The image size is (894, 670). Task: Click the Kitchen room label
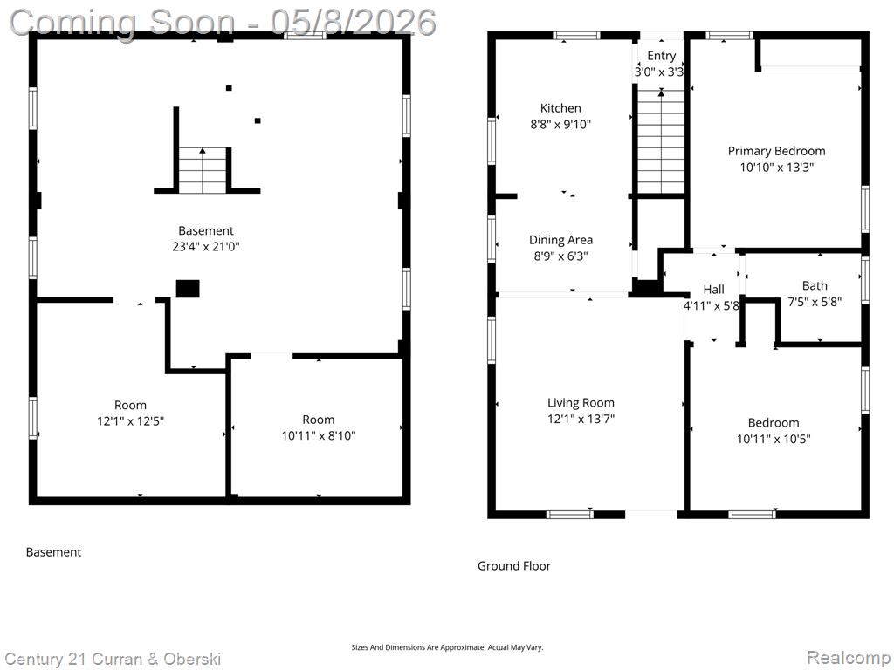(560, 108)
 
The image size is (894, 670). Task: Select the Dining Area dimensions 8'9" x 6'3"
(560, 256)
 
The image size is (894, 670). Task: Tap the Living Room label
(581, 403)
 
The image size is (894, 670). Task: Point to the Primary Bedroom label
(776, 151)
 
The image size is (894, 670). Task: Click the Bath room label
(815, 285)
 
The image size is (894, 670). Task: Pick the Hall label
(713, 290)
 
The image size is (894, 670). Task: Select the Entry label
(662, 56)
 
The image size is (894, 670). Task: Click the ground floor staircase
(661, 141)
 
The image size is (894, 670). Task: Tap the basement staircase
(203, 170)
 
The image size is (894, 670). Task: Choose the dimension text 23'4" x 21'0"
(206, 247)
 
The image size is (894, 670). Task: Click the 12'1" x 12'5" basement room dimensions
(131, 421)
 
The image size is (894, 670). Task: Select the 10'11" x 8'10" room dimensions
(318, 436)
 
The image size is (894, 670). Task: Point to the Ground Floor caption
(513, 565)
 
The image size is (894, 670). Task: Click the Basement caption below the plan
(53, 552)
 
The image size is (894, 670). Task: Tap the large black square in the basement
(188, 289)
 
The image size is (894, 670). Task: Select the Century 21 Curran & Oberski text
(113, 660)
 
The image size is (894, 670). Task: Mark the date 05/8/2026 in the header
(354, 22)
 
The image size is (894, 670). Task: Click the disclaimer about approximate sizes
(447, 647)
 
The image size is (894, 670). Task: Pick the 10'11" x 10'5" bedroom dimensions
(774, 439)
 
